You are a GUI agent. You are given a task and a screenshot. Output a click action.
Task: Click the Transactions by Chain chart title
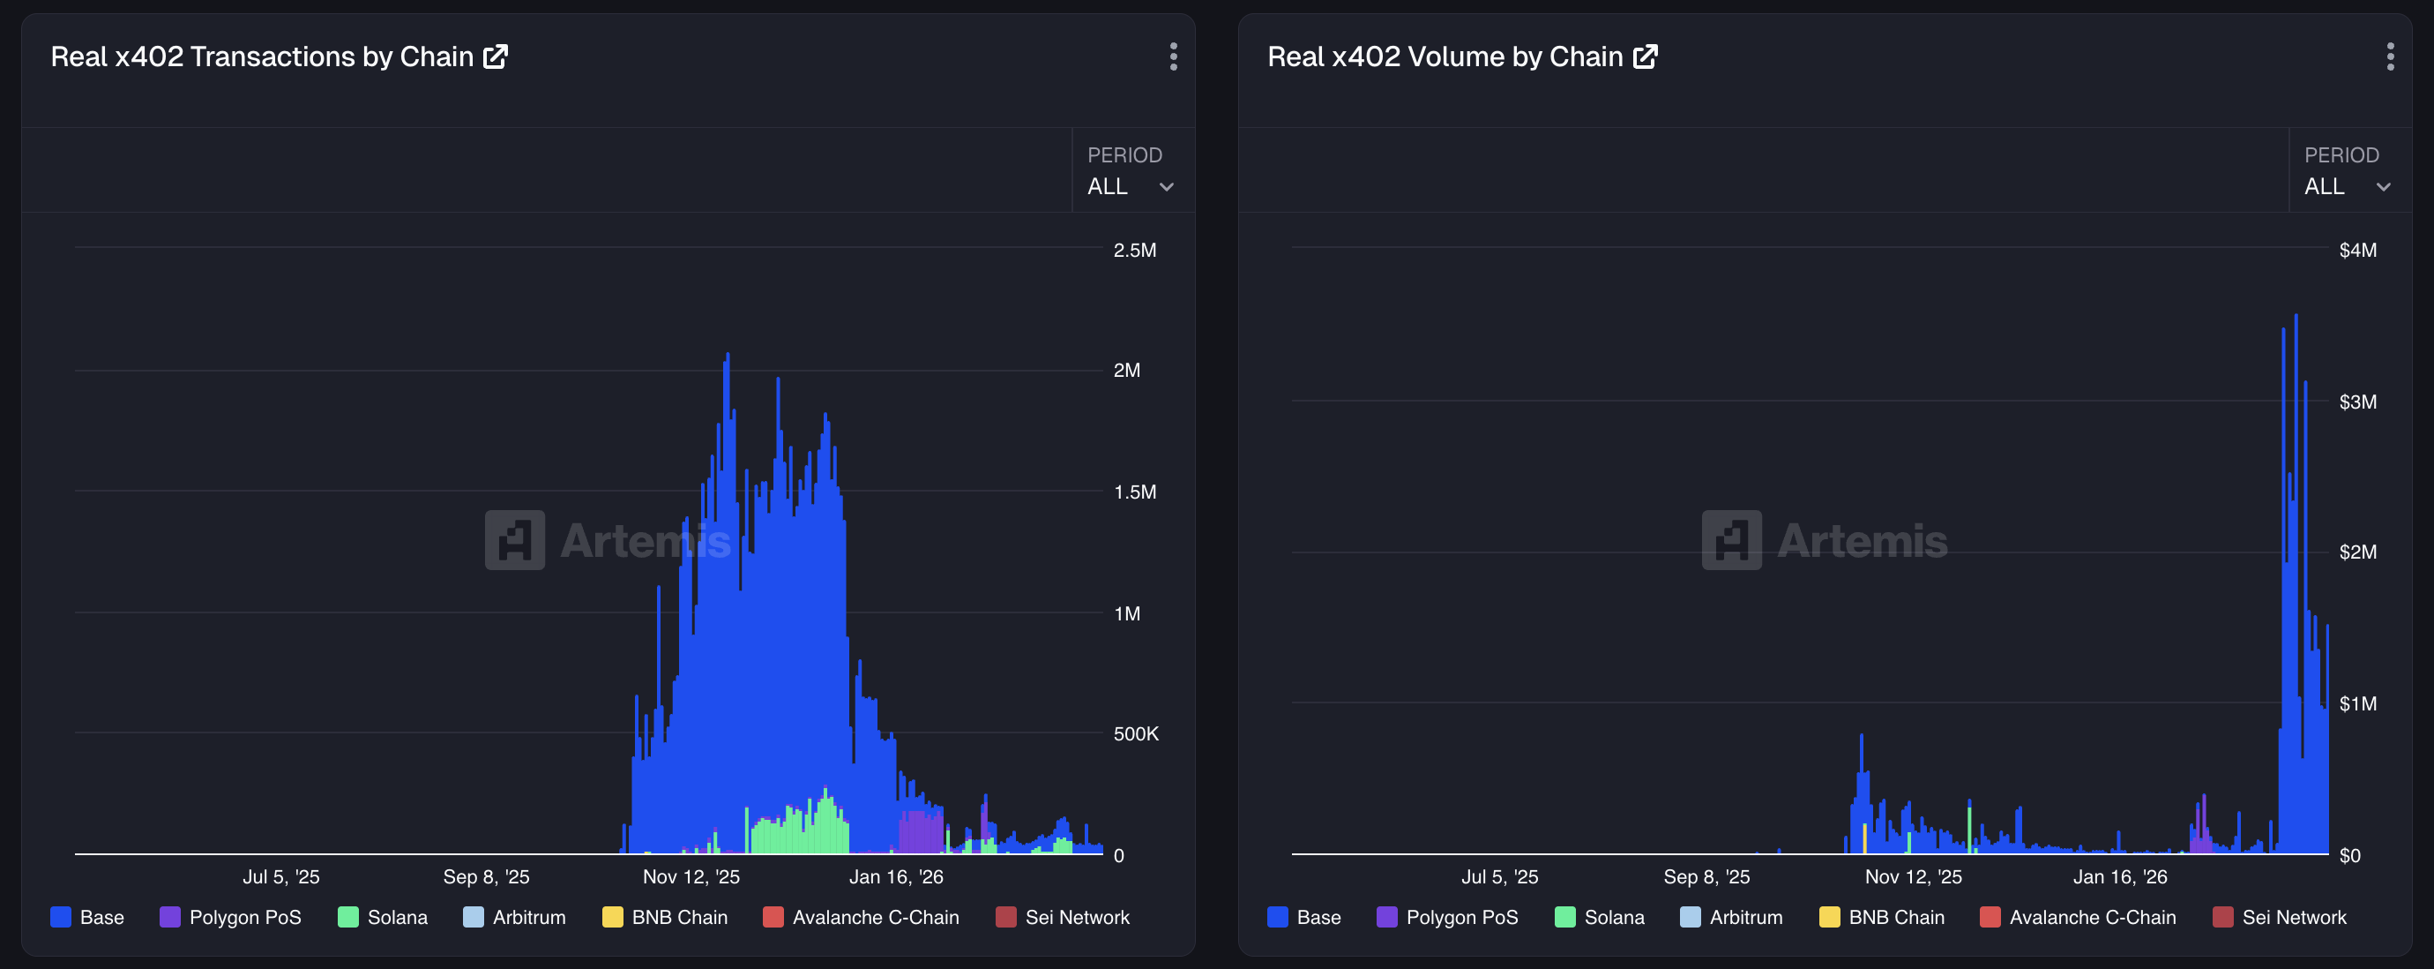(262, 56)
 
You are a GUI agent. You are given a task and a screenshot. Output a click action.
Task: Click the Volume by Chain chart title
(1444, 56)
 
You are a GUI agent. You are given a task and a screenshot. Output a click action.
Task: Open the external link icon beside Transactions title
(496, 56)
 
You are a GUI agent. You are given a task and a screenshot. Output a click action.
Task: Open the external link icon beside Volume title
(1645, 56)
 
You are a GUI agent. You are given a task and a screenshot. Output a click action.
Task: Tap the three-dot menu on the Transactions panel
(1174, 56)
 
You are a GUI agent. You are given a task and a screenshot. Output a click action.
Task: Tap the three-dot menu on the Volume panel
(2390, 56)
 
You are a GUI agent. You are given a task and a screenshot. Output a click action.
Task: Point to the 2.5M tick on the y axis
(1134, 251)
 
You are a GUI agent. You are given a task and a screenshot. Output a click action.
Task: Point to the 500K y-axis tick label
(1135, 734)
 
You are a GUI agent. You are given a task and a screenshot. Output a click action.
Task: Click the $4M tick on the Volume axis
(2356, 251)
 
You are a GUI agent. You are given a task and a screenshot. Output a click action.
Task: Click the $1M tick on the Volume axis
(2356, 704)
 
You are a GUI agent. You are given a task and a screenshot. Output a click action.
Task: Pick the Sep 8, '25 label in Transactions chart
(486, 877)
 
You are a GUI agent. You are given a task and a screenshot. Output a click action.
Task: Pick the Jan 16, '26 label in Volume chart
(2119, 877)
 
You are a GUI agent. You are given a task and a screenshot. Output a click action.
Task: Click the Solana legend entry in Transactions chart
(383, 918)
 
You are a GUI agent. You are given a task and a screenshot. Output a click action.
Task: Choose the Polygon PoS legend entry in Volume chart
(1447, 918)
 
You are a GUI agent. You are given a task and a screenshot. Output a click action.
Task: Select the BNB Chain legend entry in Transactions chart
(665, 918)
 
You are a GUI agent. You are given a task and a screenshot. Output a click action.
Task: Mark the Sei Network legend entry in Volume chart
(2280, 918)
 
